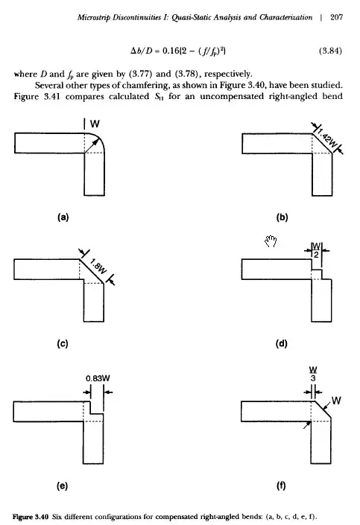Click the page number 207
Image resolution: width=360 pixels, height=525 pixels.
336,17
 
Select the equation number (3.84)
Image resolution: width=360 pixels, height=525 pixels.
330,51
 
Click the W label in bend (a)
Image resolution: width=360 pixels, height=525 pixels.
95,124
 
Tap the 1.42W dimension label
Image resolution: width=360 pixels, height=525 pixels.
326,139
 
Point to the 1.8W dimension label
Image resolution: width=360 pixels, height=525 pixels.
98,267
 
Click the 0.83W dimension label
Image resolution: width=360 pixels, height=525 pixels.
98,378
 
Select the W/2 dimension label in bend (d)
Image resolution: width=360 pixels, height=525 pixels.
317,250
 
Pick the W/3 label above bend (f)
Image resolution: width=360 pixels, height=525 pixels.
313,374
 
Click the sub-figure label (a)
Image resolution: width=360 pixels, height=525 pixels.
63,217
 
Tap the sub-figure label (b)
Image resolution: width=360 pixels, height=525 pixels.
282,217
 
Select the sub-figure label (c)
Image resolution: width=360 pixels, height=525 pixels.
63,343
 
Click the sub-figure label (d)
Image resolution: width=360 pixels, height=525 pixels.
281,343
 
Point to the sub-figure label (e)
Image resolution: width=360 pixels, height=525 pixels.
63,486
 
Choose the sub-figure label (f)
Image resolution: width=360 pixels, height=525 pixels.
281,486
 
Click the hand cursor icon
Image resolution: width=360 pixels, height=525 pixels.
271,241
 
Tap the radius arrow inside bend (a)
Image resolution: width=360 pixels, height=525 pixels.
92,146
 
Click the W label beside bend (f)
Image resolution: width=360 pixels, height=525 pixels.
336,401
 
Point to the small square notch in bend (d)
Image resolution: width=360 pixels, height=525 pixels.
317,274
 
